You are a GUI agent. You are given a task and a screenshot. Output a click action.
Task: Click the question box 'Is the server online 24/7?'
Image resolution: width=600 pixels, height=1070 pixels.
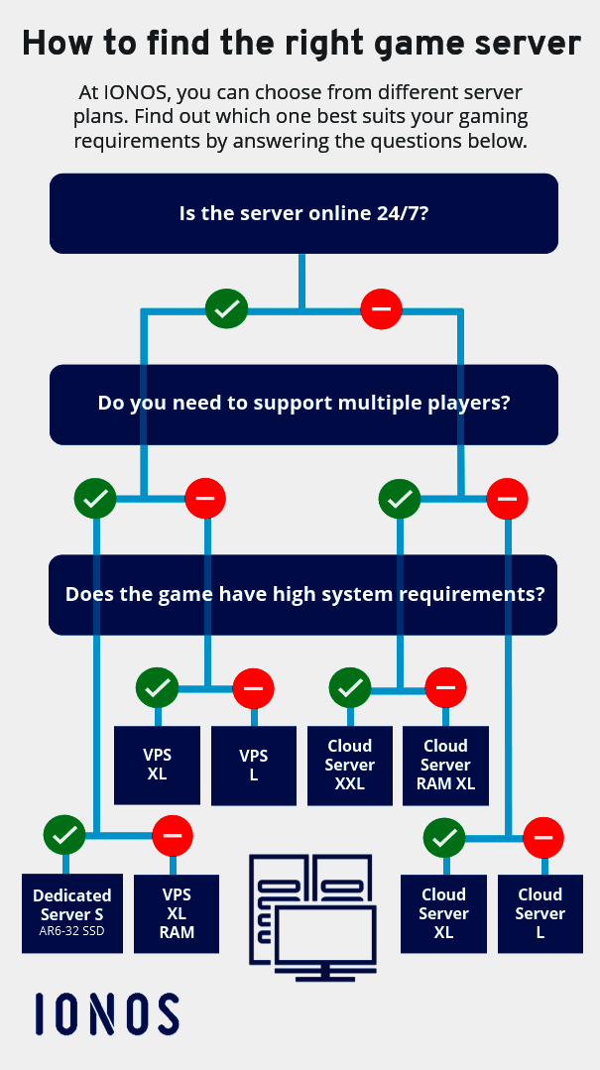[303, 213]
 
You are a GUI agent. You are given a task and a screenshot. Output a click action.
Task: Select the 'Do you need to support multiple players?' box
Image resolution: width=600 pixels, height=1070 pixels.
[303, 404]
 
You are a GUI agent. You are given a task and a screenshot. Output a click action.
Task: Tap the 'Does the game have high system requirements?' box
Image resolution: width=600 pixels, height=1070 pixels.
[303, 595]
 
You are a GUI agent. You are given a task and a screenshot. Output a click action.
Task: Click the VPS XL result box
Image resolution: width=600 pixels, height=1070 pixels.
[157, 765]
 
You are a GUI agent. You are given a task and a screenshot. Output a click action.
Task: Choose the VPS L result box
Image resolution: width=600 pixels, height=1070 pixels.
[254, 765]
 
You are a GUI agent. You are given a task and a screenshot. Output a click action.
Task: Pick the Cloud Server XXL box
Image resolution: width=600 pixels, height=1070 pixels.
[349, 765]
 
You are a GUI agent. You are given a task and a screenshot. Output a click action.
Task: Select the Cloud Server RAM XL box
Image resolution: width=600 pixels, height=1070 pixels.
[445, 765]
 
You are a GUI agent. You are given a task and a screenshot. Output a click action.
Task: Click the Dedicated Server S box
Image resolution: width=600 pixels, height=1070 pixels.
[72, 912]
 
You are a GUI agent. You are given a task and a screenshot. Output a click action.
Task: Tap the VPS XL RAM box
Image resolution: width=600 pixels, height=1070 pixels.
[177, 912]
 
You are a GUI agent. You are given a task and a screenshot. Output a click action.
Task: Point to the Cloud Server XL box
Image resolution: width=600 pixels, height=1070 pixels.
[443, 912]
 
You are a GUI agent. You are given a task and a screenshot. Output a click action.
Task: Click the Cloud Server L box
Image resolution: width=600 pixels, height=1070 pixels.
[540, 912]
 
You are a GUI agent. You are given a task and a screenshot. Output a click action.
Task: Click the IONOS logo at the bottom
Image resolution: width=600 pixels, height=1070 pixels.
[107, 1013]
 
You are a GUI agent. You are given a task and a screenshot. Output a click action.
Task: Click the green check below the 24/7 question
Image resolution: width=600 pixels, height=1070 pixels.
[226, 309]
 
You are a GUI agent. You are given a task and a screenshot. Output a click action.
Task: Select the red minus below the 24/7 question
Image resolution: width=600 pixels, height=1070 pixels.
[381, 309]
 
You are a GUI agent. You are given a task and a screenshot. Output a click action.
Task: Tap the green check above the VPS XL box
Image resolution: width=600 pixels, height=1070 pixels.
[157, 686]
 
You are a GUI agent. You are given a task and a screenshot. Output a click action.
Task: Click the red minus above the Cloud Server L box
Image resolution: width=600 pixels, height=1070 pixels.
[542, 839]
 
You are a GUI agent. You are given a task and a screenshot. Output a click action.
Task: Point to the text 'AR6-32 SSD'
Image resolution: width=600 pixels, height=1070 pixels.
[72, 931]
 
